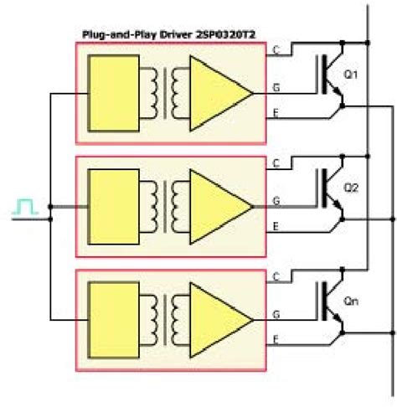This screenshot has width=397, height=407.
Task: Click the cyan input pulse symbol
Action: (x=25, y=205)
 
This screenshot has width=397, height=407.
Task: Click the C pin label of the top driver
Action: (x=276, y=50)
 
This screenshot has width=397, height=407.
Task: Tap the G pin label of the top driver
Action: (x=276, y=86)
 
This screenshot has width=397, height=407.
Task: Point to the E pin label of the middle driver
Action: (x=276, y=224)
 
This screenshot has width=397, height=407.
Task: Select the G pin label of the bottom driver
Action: (x=276, y=315)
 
